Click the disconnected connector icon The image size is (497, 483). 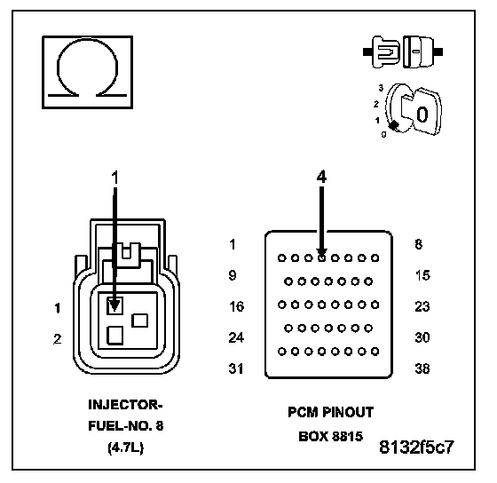coord(403,51)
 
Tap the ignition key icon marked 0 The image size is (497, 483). coord(413,110)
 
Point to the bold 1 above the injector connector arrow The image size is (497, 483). coord(115,178)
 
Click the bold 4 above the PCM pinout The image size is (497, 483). coord(321,177)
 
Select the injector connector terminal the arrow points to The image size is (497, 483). coord(114,305)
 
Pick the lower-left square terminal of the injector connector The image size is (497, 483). coord(114,336)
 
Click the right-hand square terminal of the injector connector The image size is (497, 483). coord(140,321)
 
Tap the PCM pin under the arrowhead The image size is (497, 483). coord(321,257)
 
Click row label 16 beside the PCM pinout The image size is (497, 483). coord(236,306)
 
